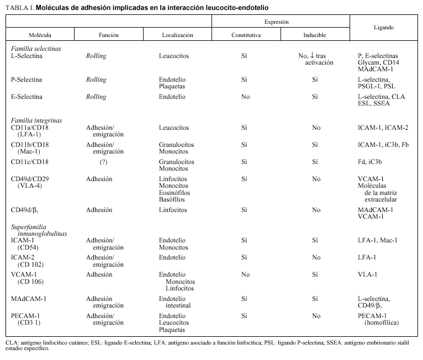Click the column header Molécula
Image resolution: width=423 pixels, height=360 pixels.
click(x=40, y=35)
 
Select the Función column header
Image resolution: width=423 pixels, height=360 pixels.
click(x=108, y=35)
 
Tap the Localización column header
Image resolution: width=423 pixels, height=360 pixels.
click(x=177, y=35)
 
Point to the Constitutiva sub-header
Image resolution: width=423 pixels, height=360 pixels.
click(x=246, y=35)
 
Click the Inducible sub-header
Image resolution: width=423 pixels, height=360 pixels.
click(x=315, y=35)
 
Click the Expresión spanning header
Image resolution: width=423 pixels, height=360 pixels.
click(x=281, y=21)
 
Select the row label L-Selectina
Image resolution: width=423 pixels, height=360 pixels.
click(x=27, y=56)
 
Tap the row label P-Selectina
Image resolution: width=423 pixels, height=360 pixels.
click(x=27, y=80)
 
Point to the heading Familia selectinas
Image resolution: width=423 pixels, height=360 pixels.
click(x=36, y=49)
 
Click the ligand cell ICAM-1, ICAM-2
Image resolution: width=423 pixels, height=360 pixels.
click(x=383, y=128)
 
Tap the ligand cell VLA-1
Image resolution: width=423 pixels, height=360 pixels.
click(x=368, y=274)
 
